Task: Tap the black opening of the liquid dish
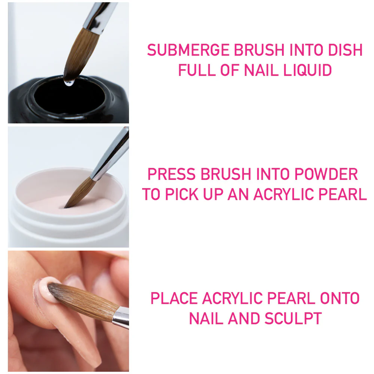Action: (x=67, y=99)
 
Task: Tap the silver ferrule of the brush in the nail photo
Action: (x=120, y=317)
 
